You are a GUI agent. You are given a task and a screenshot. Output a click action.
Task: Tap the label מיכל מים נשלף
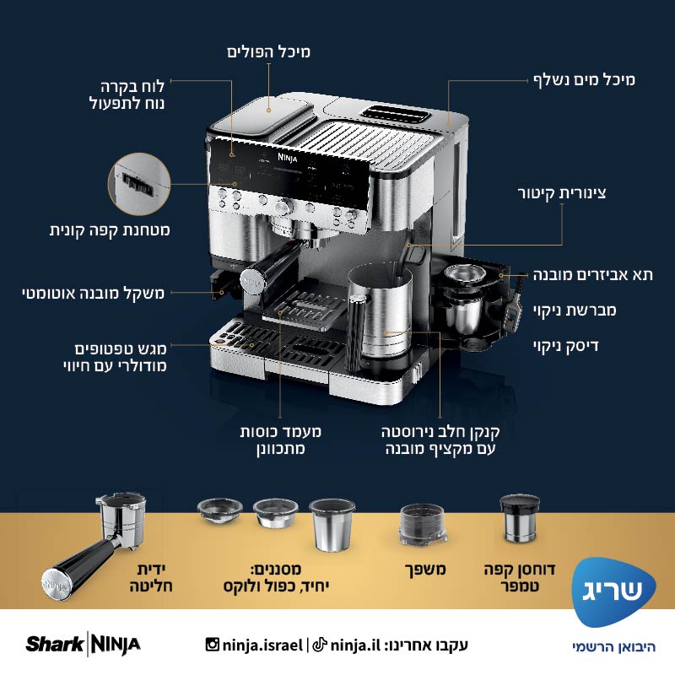pyautogui.click(x=583, y=80)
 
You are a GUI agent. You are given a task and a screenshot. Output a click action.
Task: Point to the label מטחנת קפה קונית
pyautogui.click(x=110, y=229)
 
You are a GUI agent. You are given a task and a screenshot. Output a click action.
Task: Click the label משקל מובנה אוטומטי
pyautogui.click(x=94, y=293)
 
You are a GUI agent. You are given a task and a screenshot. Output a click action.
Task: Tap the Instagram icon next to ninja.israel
pyautogui.click(x=213, y=645)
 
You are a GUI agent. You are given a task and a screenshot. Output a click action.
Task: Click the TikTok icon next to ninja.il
pyautogui.click(x=320, y=645)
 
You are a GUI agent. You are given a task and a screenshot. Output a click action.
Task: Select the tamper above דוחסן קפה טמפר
pyautogui.click(x=517, y=518)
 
